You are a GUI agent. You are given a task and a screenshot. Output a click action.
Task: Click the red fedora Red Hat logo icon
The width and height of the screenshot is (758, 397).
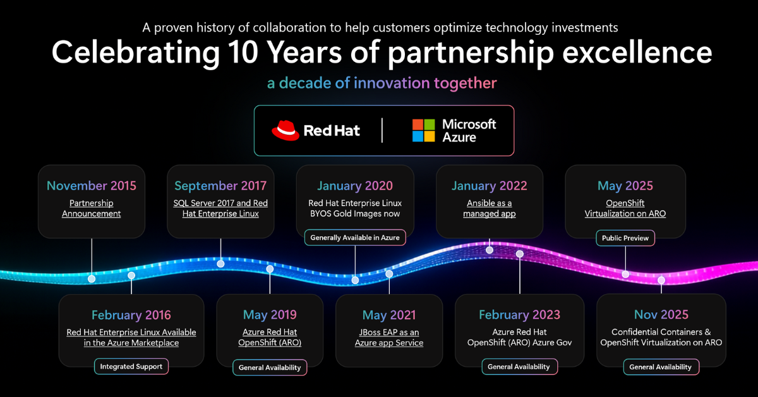pos(285,130)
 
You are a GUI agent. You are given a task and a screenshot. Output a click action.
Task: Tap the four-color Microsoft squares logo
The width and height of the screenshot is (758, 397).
pos(423,130)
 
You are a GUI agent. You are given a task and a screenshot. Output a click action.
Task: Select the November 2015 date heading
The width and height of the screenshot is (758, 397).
pos(92,186)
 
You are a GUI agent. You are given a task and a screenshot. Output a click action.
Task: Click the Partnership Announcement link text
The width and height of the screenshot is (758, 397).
pos(92,209)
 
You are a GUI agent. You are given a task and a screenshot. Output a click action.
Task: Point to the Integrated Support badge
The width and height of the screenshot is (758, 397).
pos(131,366)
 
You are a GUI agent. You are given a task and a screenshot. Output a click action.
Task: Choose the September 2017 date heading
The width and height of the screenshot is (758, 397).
pos(220,186)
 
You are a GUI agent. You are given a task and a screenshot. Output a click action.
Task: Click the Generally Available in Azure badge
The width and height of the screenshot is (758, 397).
pos(355,238)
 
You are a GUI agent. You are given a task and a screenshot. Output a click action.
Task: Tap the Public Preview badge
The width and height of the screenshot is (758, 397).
pos(625,238)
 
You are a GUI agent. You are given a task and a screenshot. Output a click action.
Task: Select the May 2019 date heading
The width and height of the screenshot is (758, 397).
pos(270,315)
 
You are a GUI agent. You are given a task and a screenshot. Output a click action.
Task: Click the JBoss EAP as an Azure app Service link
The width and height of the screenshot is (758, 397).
pos(389,338)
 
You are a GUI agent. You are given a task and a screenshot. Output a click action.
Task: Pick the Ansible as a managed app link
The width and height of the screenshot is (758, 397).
pos(490,209)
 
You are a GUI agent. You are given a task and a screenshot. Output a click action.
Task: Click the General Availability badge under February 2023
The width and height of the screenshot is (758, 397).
pos(519,367)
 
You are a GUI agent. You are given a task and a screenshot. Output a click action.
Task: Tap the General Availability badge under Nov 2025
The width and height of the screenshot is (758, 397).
pos(661,367)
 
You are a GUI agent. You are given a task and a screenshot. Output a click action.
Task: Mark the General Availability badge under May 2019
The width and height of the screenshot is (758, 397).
pos(270,367)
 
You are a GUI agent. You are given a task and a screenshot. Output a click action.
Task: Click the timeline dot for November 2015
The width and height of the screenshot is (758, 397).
pos(92,279)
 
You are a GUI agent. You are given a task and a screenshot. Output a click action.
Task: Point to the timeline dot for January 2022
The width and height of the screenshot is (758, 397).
pos(490,250)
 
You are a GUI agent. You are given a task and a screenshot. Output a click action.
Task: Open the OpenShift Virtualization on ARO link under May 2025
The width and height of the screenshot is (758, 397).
pos(625,209)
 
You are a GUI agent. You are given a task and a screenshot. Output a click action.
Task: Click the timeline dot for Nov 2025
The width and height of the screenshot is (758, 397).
pos(661,280)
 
